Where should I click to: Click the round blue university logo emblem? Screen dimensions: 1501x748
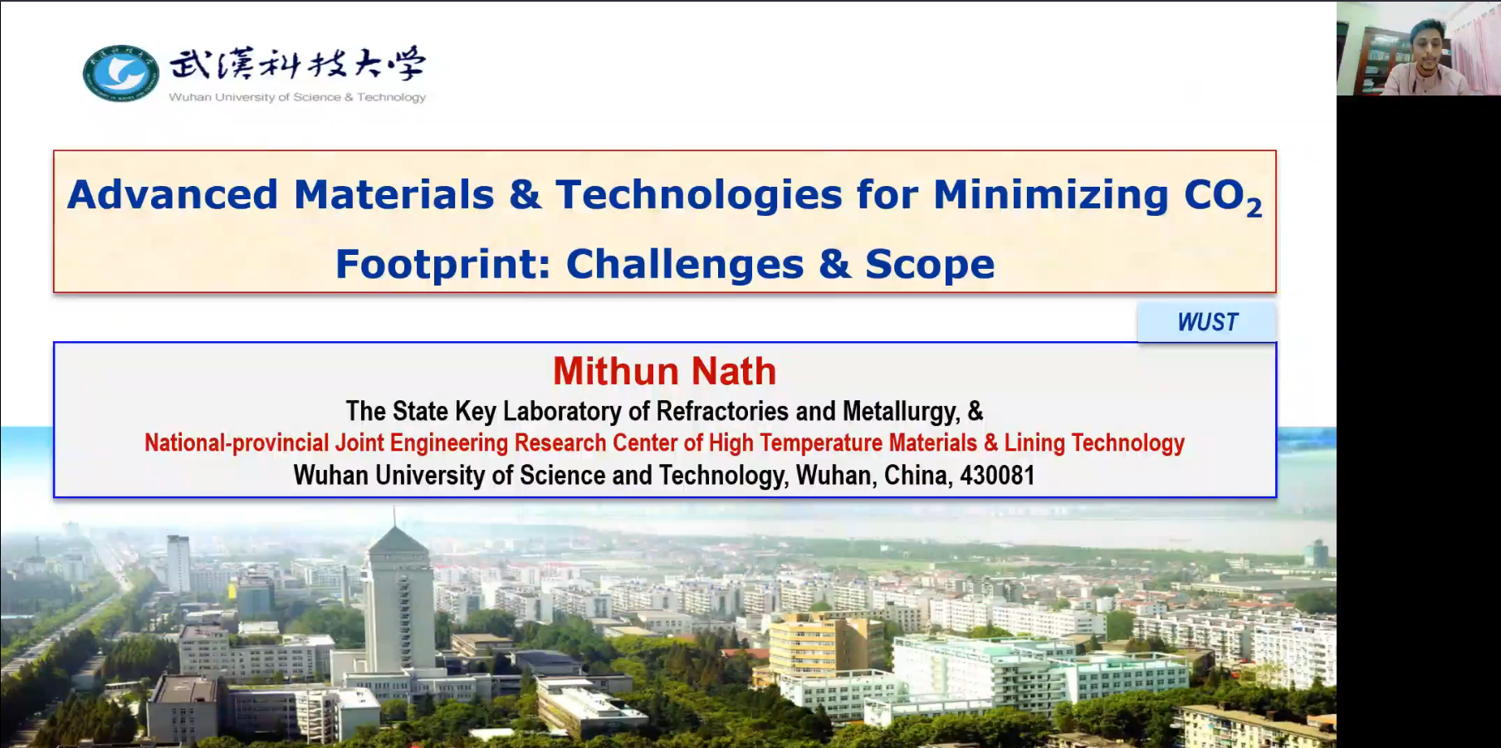[121, 73]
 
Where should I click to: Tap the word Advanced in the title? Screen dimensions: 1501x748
[173, 195]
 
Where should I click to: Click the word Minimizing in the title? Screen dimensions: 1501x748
[1051, 196]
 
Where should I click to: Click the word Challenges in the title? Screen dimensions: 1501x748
[685, 265]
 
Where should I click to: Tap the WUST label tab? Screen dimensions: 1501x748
[1207, 322]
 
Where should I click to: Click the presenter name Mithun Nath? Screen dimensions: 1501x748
[664, 371]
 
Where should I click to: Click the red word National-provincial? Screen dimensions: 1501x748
[237, 442]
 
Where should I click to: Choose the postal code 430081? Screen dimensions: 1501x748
[997, 475]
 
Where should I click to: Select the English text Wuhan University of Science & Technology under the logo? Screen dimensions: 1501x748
[297, 97]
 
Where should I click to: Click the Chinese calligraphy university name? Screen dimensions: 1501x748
[298, 64]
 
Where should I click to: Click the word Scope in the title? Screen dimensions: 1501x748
[930, 265]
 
